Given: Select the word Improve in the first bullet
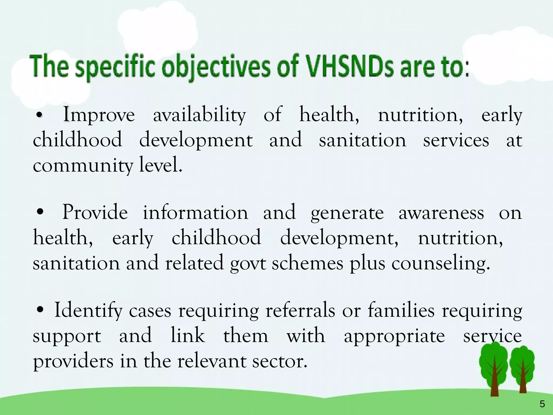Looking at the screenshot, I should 99,115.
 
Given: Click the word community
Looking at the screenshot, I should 83,166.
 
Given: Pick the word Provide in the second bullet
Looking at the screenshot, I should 95,213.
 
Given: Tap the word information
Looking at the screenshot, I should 195,213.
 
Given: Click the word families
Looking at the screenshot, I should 401,311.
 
